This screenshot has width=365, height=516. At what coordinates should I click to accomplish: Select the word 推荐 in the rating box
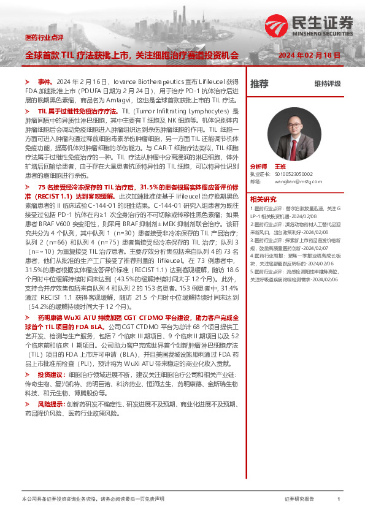(259, 83)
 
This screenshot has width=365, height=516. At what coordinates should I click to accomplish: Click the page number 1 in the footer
(339, 499)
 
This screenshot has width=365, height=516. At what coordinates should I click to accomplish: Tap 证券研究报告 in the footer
(299, 499)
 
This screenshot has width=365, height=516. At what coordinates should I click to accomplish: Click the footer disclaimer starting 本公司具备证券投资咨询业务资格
(93, 499)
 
